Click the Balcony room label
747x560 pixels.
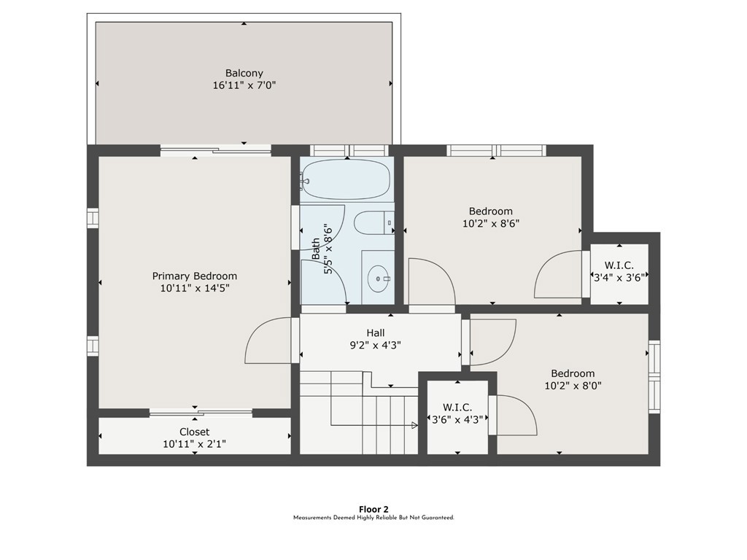click(244, 74)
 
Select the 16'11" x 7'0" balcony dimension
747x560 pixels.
click(244, 86)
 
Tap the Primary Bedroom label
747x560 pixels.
click(194, 276)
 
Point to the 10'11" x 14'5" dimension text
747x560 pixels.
click(195, 288)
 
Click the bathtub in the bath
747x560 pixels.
click(347, 179)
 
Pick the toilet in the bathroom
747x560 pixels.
click(374, 222)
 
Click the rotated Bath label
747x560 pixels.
click(316, 249)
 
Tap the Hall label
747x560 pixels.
click(376, 332)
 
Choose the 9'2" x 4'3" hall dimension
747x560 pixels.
click(376, 345)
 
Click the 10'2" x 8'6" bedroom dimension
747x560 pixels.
click(491, 223)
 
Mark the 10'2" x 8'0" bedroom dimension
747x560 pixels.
click(573, 386)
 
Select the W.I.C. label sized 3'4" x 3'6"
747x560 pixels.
click(619, 265)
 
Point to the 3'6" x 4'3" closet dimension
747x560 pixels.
click(457, 419)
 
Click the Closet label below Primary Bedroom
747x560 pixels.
click(194, 432)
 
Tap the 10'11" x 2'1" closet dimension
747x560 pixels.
click(194, 444)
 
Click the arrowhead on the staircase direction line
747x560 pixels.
click(415, 425)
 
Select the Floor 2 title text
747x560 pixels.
click(373, 510)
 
